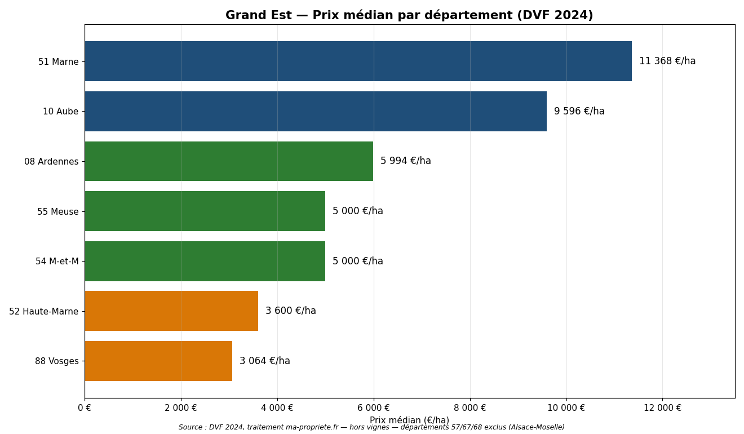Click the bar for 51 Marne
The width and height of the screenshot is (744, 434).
[358, 61]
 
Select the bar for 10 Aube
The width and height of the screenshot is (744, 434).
[316, 111]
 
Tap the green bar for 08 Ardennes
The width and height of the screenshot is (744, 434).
[229, 161]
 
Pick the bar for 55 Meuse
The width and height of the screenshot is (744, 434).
[205, 211]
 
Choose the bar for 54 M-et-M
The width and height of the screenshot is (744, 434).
[205, 261]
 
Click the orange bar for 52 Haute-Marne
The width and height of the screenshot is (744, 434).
[171, 311]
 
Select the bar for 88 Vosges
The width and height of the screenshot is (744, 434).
[158, 361]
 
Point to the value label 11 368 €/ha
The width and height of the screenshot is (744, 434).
[667, 61]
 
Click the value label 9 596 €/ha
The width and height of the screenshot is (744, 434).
[579, 111]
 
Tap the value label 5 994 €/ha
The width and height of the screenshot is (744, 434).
[405, 161]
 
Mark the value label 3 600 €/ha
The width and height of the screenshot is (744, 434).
[290, 311]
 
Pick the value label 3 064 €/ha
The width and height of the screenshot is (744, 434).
[264, 361]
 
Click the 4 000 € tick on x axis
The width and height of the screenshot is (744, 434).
[277, 408]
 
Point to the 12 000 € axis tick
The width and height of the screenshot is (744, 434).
[662, 408]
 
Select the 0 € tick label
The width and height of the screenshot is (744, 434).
[85, 408]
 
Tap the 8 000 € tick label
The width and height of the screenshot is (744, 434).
[470, 408]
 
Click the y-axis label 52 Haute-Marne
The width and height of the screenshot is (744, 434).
[43, 311]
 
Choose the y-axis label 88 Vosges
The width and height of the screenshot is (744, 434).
[56, 361]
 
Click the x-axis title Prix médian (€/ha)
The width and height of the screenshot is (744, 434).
[409, 420]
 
